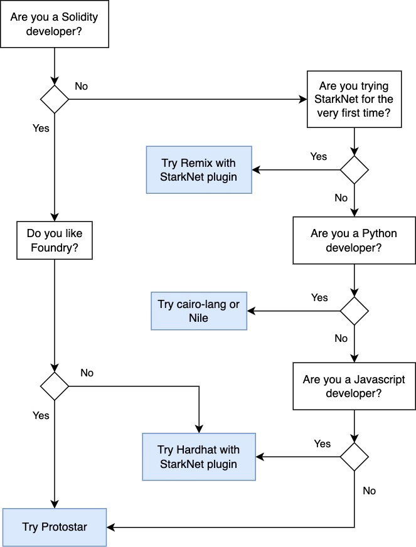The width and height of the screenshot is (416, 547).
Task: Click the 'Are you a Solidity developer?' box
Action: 55,24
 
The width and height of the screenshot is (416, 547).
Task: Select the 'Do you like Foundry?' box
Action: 55,241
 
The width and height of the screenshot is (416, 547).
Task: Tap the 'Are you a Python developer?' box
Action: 354,241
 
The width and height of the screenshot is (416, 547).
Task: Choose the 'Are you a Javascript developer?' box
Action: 354,386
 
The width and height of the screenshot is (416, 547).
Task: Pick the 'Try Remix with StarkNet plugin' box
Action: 200,169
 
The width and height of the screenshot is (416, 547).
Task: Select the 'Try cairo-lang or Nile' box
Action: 199,311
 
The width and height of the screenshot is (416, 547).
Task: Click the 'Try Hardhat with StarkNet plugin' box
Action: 199,457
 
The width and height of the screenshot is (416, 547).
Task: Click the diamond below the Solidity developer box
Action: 55,99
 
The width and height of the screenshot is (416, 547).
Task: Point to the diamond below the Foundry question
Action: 55,386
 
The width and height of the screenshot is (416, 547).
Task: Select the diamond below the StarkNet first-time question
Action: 354,169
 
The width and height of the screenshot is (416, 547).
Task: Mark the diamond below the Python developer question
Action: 354,311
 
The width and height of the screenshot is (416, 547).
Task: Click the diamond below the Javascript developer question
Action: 354,457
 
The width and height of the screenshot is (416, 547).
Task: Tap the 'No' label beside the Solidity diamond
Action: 82,86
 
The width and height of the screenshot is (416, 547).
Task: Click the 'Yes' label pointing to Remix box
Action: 319,156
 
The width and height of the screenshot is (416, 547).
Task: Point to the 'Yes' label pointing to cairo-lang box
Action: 319,297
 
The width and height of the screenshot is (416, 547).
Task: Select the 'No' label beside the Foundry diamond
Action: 87,373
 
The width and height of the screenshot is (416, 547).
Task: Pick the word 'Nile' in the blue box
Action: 199,318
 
